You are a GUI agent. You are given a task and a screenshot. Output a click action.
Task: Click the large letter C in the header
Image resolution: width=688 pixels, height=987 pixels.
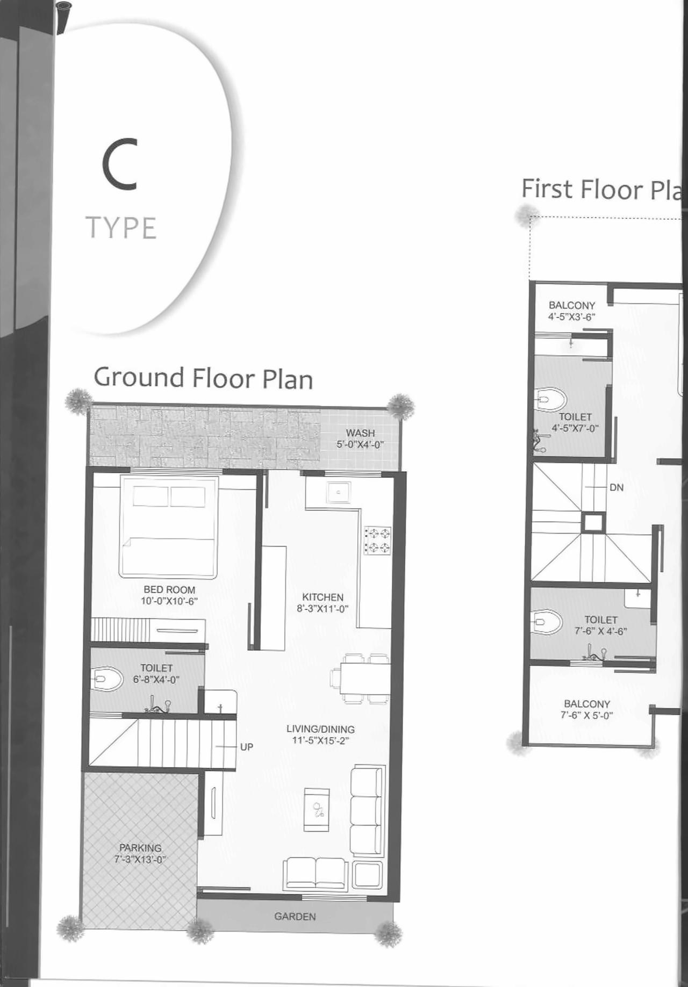120,164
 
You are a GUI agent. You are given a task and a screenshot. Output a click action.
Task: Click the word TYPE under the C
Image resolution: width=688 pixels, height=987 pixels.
121,228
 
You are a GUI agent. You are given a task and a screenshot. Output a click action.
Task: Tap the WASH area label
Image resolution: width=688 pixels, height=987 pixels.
360,433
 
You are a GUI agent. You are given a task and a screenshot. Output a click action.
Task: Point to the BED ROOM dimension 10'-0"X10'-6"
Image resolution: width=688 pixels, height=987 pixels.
169,601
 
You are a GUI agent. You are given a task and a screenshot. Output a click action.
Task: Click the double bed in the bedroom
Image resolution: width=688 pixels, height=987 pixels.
169,527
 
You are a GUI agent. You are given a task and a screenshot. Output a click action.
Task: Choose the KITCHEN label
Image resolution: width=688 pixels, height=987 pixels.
322,597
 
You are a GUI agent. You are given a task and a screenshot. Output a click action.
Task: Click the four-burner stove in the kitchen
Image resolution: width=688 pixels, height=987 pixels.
378,541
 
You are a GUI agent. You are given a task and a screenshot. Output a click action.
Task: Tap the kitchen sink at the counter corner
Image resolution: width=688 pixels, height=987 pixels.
339,492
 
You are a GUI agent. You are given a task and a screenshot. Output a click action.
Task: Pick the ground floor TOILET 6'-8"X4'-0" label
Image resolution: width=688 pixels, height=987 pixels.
156,674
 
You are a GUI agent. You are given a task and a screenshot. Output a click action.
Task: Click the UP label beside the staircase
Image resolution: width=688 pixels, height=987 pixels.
246,747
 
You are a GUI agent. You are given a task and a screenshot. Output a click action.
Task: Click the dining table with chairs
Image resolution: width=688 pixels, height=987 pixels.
361,679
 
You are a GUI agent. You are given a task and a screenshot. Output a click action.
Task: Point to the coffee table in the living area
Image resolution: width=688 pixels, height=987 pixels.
317,810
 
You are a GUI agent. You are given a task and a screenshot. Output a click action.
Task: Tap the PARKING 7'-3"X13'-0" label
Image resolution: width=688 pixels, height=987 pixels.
140,853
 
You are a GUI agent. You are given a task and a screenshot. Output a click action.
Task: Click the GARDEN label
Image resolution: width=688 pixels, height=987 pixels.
295,917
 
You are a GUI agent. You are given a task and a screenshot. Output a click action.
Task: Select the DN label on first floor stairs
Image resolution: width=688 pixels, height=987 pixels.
617,487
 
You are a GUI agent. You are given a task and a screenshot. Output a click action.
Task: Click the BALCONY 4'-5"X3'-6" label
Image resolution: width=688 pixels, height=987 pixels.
572,311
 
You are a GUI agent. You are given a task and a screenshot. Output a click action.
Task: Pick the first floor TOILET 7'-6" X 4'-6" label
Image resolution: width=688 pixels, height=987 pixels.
601,625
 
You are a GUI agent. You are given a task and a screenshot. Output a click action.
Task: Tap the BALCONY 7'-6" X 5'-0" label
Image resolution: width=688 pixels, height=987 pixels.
587,709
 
